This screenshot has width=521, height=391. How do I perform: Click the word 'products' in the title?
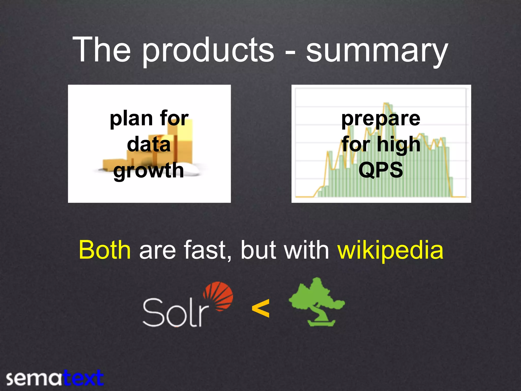click(x=208, y=51)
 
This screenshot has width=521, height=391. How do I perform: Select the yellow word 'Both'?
click(x=105, y=250)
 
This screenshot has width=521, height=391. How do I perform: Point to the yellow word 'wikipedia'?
click(x=390, y=251)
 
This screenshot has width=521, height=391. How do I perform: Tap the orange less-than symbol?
click(x=260, y=309)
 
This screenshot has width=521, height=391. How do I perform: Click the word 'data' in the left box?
click(x=149, y=145)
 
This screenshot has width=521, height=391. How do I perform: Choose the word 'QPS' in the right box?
click(x=381, y=170)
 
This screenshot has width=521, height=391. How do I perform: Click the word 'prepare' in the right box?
click(x=381, y=119)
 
